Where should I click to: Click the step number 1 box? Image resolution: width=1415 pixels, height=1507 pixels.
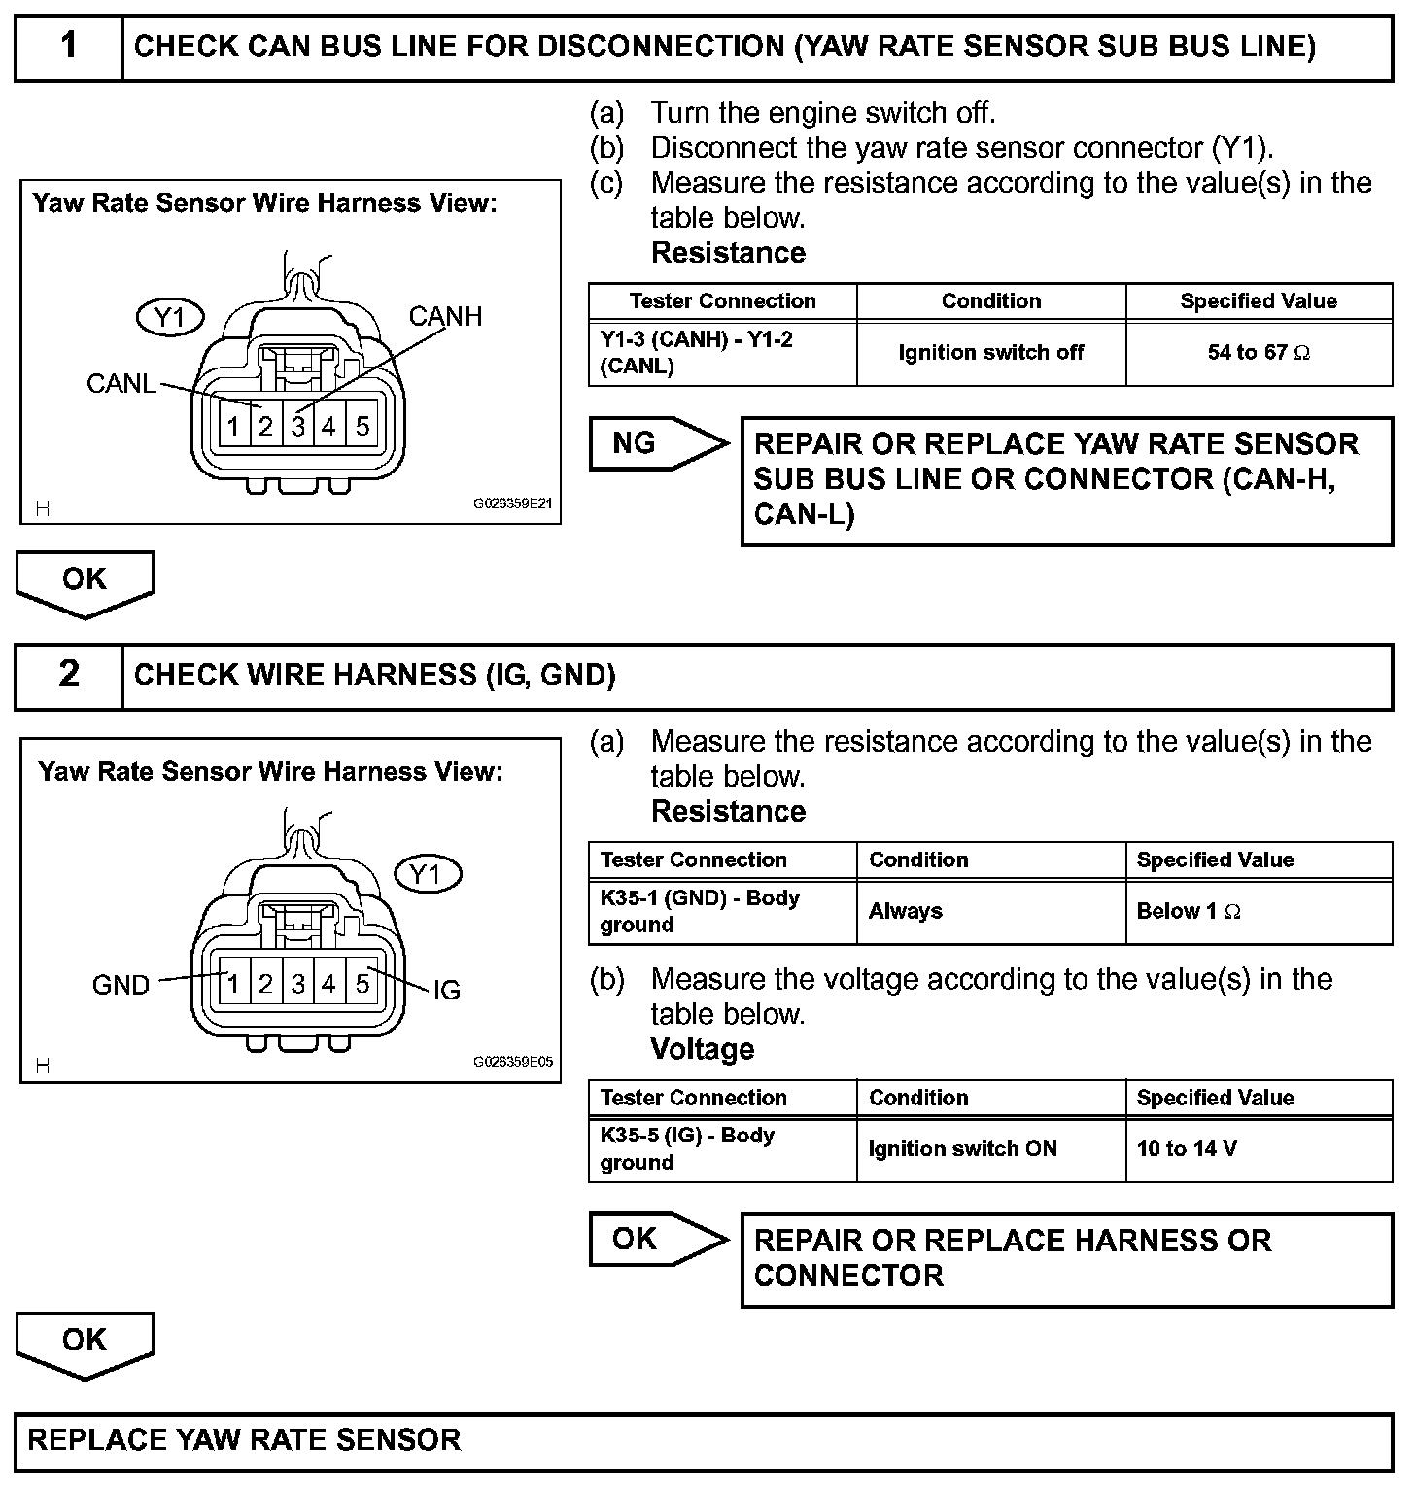pyautogui.click(x=68, y=47)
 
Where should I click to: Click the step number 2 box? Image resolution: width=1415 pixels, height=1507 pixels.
pyautogui.click(x=68, y=675)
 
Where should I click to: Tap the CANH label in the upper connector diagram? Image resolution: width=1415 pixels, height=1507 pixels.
pyautogui.click(x=445, y=316)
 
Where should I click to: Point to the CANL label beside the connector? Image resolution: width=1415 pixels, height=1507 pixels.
pyautogui.click(x=121, y=384)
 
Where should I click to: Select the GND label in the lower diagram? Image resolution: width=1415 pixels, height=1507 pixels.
pyautogui.click(x=121, y=985)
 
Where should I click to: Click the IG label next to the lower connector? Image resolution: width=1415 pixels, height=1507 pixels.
pyautogui.click(x=446, y=990)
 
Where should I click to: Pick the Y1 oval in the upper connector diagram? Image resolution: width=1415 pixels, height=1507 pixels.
pyautogui.click(x=171, y=318)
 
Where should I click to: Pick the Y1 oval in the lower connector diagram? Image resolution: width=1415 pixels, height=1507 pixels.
pyautogui.click(x=427, y=875)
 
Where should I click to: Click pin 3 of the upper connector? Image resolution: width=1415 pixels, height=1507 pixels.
pyautogui.click(x=298, y=426)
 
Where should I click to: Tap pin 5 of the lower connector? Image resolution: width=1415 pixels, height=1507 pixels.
pyautogui.click(x=362, y=984)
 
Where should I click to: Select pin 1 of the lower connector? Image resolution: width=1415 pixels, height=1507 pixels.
pyautogui.click(x=232, y=984)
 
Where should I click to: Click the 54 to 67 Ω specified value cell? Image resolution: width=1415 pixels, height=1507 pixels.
pyautogui.click(x=1259, y=353)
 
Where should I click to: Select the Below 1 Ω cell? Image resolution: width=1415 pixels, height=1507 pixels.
pyautogui.click(x=1259, y=912)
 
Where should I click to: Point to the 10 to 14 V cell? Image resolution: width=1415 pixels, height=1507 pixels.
pyautogui.click(x=1259, y=1149)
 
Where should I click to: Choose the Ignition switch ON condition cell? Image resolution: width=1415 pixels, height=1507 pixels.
pyautogui.click(x=990, y=1149)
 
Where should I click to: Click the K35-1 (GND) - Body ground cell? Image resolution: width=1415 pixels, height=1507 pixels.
pyautogui.click(x=722, y=912)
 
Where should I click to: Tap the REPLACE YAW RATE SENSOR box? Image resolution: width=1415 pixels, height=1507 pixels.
pyautogui.click(x=704, y=1441)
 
